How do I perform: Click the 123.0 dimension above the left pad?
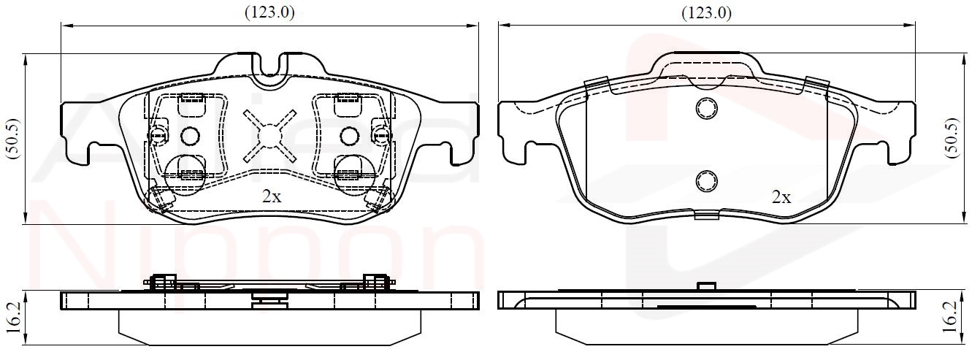269,12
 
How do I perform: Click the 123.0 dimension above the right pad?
706,13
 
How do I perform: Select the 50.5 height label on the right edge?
952,139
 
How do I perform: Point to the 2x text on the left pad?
272,197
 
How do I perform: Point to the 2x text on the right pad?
781,198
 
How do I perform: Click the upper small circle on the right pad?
707,108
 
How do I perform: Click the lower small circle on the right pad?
707,181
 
